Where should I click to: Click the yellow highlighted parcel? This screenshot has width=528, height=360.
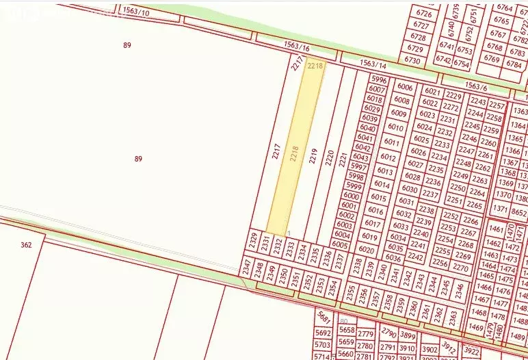(295, 151)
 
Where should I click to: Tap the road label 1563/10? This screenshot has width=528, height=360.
(135, 11)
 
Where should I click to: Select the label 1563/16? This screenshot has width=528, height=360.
(297, 48)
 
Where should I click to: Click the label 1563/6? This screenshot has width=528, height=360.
(475, 87)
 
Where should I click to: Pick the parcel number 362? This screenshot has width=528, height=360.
(26, 244)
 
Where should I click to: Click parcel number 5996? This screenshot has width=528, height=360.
(378, 80)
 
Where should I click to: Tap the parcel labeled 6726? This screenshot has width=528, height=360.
(424, 14)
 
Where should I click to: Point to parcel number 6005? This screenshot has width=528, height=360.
(340, 244)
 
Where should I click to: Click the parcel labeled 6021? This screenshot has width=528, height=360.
(432, 91)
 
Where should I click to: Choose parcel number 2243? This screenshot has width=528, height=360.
(478, 102)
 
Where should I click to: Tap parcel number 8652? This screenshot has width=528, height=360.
(519, 213)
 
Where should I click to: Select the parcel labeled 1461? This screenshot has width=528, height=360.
(497, 229)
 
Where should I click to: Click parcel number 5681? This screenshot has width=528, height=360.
(324, 318)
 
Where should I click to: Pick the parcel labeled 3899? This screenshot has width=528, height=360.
(408, 335)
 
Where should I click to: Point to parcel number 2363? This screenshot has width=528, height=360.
(452, 315)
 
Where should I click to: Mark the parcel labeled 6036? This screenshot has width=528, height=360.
(393, 258)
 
